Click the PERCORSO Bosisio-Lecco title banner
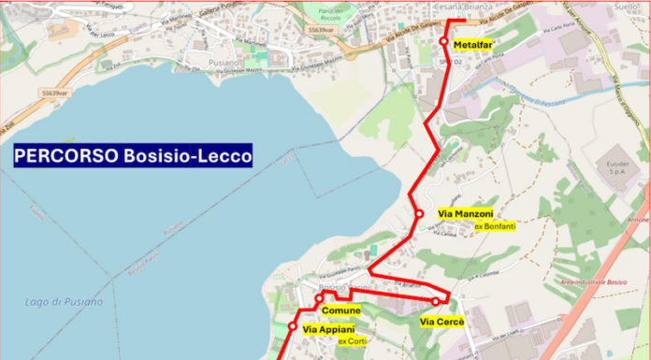tap(134, 155)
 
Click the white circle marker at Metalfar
tap(445, 41)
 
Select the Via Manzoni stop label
tap(465, 215)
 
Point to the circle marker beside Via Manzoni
tap(419, 215)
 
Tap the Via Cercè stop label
tap(441, 323)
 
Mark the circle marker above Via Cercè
tap(436, 301)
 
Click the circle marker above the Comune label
tap(319, 298)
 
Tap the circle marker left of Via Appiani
tap(293, 327)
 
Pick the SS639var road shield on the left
tap(55, 94)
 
